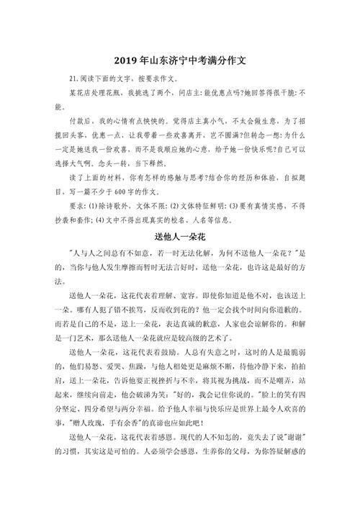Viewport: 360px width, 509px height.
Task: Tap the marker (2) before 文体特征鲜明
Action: tap(167, 206)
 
